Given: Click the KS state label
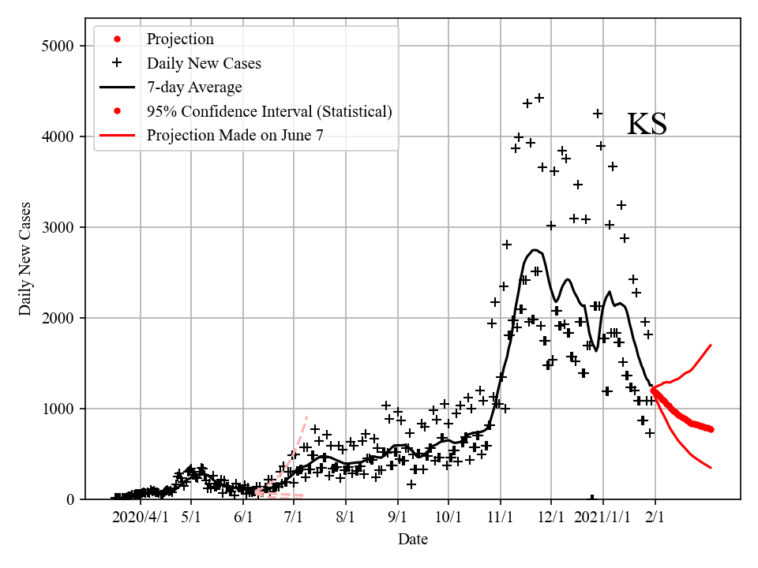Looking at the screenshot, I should point(647,125).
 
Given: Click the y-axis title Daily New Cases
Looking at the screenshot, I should point(26,259).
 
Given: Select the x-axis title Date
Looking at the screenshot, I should point(413,540).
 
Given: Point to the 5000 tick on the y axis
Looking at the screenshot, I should point(57,46).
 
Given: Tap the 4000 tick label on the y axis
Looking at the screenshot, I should point(57,136).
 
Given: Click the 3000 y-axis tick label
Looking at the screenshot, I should point(57,227).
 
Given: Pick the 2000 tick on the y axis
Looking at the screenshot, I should point(57,318).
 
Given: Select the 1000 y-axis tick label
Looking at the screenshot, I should point(57,409).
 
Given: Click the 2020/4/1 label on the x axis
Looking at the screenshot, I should point(140,518).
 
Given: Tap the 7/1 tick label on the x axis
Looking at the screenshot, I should point(294,518).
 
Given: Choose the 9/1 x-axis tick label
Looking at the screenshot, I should point(397,518).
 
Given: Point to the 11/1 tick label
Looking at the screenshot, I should point(500,518).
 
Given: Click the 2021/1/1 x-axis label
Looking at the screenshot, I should point(603,518).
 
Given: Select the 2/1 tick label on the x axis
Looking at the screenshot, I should point(655,518).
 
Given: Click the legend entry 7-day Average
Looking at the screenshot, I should point(193,87).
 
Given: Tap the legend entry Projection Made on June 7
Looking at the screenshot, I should point(235,136).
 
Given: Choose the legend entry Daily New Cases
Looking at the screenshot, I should point(203,63).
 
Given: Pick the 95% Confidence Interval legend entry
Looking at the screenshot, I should point(268,111).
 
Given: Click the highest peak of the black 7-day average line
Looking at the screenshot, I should point(535,250).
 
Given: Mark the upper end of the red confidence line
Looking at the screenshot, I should point(711,345).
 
